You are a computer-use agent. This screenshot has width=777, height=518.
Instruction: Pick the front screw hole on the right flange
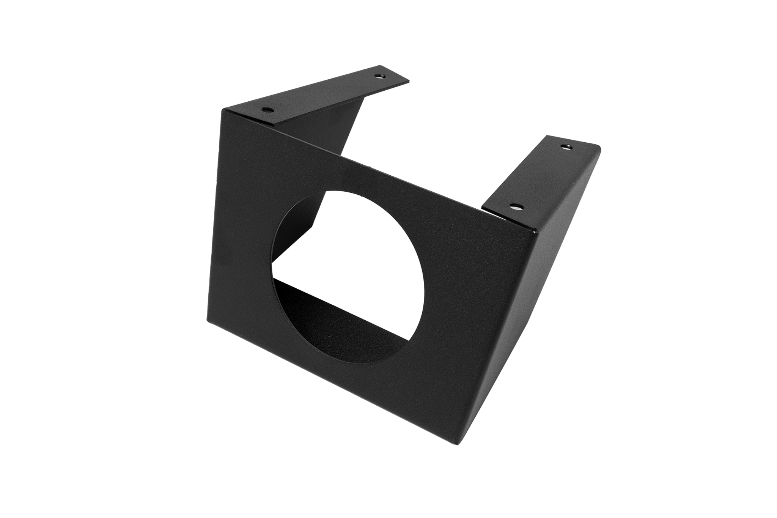coord(516,207)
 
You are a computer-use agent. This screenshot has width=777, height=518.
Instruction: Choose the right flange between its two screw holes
coord(541,176)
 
